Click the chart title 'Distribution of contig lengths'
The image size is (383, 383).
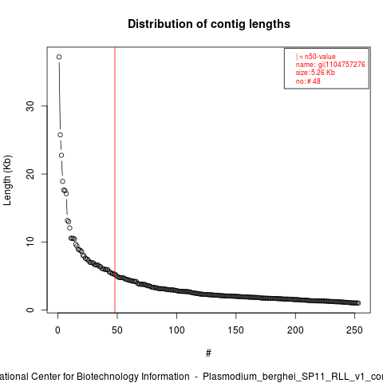(x=209, y=24)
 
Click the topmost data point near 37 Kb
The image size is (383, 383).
(x=59, y=57)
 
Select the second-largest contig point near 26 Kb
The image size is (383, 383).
(x=61, y=135)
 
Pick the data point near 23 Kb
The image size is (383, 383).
(x=61, y=156)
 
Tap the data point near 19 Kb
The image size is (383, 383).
(x=62, y=181)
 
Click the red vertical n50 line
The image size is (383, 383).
(x=115, y=180)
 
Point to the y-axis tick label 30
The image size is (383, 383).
(x=30, y=106)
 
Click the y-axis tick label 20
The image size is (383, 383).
(x=30, y=174)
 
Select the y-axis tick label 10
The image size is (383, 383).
(x=30, y=242)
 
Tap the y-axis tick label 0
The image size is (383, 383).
(x=30, y=310)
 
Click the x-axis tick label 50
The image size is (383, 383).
(x=117, y=330)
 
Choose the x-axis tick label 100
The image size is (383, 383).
(x=176, y=330)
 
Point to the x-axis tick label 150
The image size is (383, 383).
(x=236, y=330)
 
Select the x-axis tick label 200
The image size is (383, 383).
(x=295, y=330)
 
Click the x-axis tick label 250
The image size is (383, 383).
(x=354, y=330)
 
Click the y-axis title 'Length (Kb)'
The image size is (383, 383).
(x=7, y=180)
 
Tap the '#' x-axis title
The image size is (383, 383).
(x=208, y=353)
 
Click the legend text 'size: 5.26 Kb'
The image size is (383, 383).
(x=315, y=73)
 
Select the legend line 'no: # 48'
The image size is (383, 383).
(x=308, y=81)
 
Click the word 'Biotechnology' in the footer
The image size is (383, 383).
(x=133, y=377)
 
